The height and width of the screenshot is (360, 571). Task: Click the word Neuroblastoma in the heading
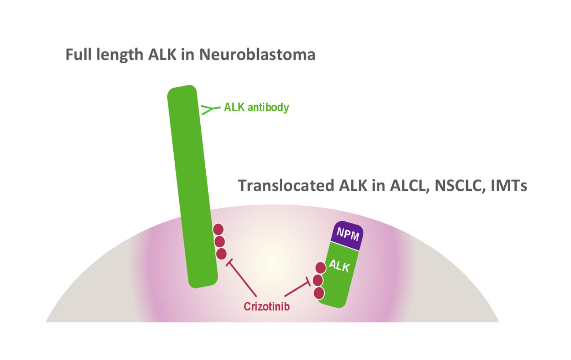pyautogui.click(x=257, y=55)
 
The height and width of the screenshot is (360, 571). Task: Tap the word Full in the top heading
pyautogui.click(x=79, y=55)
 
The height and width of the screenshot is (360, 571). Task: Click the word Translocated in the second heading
pyautogui.click(x=286, y=185)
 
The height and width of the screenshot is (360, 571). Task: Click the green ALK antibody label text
pyautogui.click(x=256, y=107)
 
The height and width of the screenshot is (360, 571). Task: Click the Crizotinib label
pyautogui.click(x=266, y=306)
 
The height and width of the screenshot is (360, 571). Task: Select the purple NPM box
pyautogui.click(x=347, y=235)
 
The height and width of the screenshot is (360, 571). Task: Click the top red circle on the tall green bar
pyautogui.click(x=218, y=229)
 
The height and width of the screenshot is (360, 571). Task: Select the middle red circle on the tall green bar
pyautogui.click(x=220, y=242)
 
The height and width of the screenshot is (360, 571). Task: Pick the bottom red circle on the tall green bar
pyautogui.click(x=221, y=254)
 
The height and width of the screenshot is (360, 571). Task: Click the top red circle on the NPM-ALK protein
pyautogui.click(x=320, y=268)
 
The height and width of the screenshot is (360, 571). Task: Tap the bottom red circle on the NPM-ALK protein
pyautogui.click(x=319, y=293)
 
